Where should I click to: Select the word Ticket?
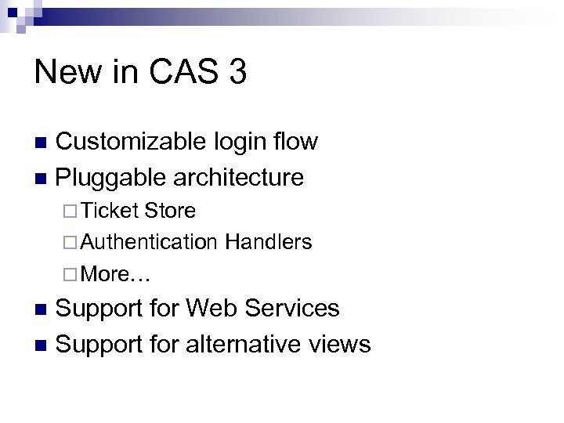point(110,211)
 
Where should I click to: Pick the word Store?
point(170,211)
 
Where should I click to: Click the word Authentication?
point(150,243)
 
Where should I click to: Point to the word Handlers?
point(268,243)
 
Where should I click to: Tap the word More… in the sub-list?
point(116,274)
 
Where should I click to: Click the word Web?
point(215,308)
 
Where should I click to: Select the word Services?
point(293,308)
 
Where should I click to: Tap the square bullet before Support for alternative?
point(43,344)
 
